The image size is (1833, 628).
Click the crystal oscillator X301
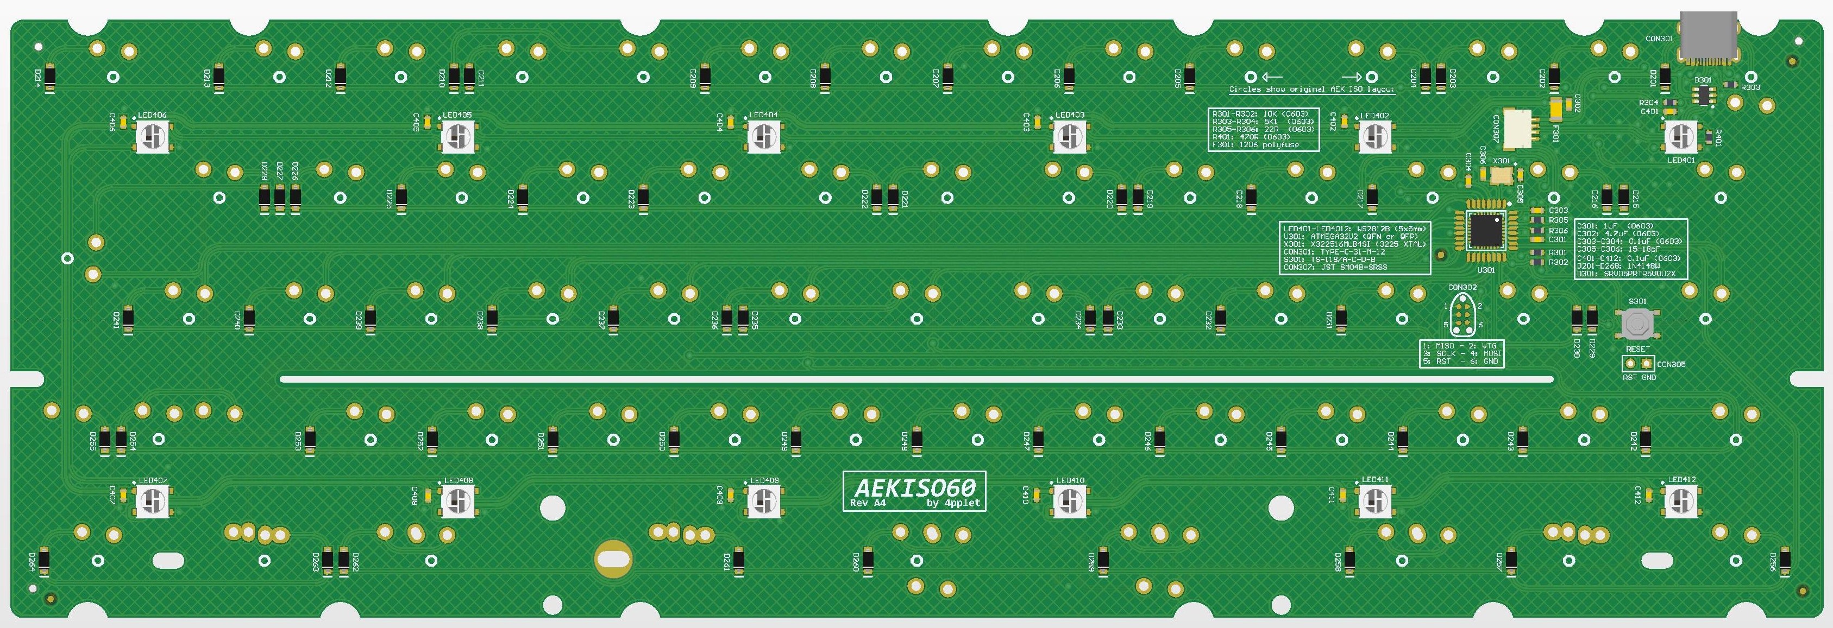coord(1502,174)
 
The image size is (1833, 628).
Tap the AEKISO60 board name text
coord(914,487)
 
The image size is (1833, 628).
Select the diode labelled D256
coord(1784,562)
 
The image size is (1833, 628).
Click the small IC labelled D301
coord(1702,94)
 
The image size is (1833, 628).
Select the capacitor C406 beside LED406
coord(123,122)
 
